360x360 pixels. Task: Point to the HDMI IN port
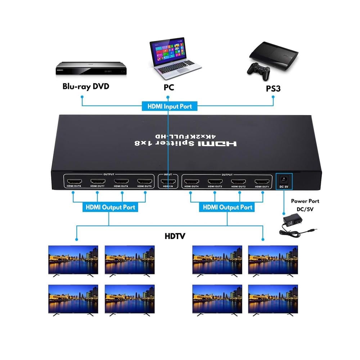[x=167, y=181]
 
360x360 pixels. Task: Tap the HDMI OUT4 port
[x=191, y=181]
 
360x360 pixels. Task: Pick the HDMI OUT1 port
[x=262, y=181]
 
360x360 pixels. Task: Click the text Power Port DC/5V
[x=305, y=205]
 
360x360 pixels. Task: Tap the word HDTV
[x=175, y=237]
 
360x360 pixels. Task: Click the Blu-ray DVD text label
[x=86, y=86]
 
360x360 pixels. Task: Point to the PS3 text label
[x=273, y=88]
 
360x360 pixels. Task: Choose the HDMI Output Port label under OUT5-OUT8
[x=110, y=207]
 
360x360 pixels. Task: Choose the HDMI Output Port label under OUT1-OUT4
[x=228, y=207]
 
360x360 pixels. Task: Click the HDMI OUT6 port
[x=121, y=181]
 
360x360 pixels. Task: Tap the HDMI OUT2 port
[x=239, y=181]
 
